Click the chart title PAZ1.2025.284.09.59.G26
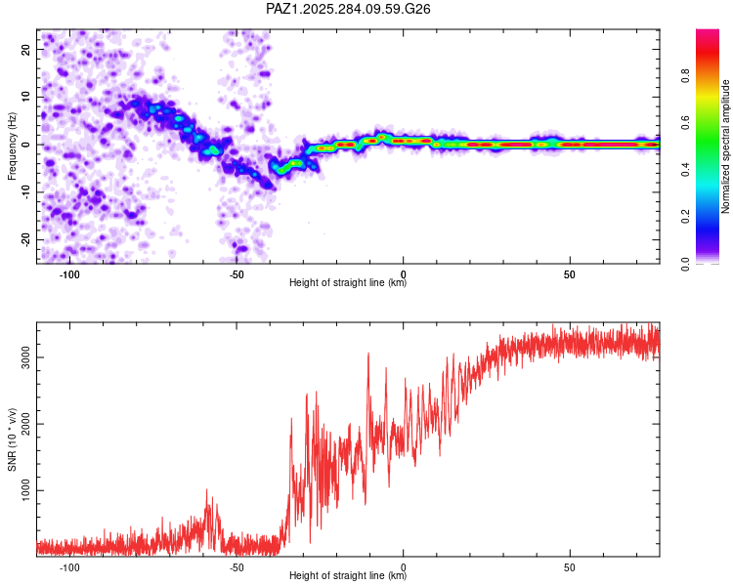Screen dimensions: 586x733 [349, 9]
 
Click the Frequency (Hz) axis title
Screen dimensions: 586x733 [13, 146]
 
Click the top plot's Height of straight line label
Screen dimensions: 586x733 [348, 283]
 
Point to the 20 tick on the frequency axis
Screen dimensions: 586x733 [26, 49]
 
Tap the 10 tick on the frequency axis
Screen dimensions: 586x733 [26, 97]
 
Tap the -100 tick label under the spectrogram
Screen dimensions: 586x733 [69, 273]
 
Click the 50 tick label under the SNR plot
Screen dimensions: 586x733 [570, 566]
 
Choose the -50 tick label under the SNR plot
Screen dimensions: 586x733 [237, 566]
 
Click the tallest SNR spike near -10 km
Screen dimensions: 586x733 [368, 354]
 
